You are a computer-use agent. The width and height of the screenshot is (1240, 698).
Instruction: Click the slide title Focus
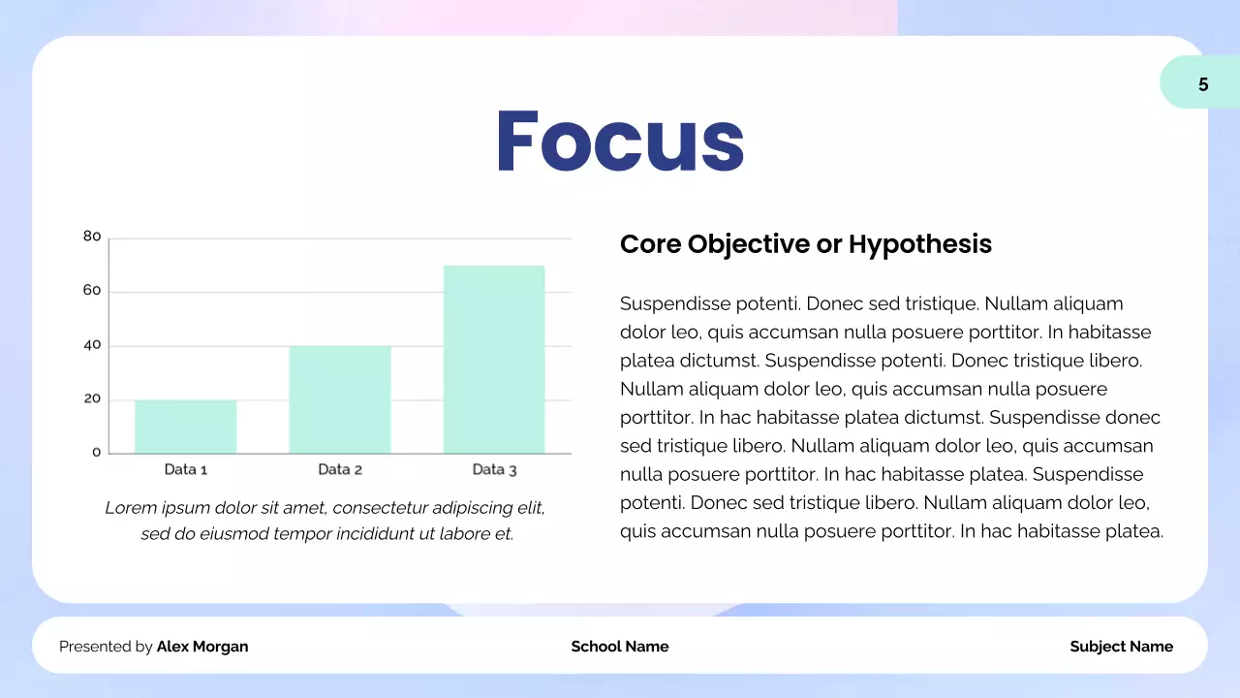620,142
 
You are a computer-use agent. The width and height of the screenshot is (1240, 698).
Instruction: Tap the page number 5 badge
1202,84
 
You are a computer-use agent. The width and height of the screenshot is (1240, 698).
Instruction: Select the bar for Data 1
185,427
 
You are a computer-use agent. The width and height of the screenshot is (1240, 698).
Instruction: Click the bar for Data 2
339,399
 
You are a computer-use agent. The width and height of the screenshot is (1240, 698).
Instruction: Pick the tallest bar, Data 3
494,359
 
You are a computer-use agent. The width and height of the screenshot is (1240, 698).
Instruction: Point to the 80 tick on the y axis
92,236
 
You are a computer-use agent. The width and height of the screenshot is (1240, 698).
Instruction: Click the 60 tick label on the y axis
92,290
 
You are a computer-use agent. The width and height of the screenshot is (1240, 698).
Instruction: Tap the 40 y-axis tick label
92,344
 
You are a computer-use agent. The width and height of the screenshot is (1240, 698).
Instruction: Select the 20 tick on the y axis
92,398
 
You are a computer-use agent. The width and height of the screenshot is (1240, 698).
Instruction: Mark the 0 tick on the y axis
96,452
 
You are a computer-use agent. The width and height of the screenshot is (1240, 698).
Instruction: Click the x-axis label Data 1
186,469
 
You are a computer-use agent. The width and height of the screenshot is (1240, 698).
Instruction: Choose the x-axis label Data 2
340,469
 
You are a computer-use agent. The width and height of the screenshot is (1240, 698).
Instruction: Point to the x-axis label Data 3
494,469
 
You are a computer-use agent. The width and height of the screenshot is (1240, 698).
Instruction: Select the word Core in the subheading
650,244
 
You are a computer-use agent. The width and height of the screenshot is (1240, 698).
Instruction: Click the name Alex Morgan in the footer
202,647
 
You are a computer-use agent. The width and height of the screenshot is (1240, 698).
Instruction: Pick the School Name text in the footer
620,647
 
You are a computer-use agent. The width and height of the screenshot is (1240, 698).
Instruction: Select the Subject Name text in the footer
1121,647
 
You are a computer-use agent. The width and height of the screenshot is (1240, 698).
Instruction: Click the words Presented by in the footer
106,647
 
